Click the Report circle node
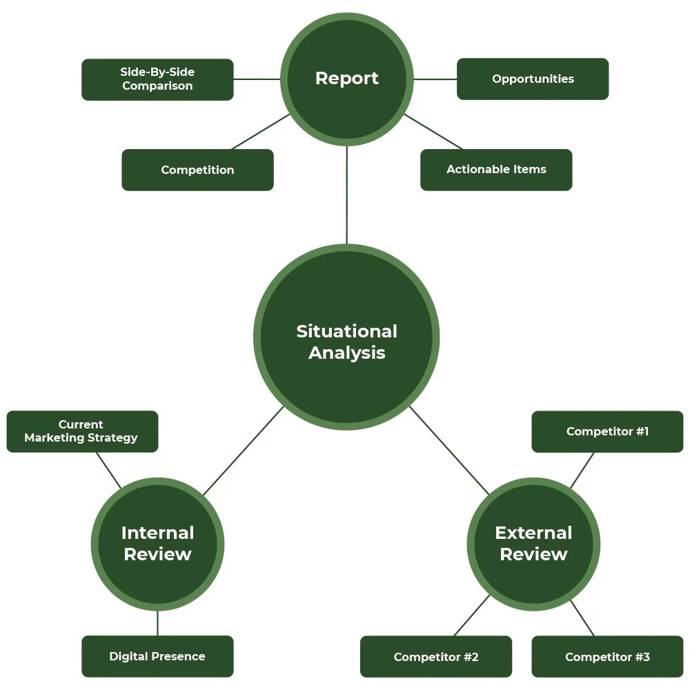coord(346,79)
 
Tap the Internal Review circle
coord(157,544)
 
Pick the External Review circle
coord(533,544)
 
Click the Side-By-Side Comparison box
coord(157,79)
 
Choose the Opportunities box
coord(533,79)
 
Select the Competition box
coord(197,170)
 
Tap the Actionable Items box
coord(496,170)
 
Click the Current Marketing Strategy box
coord(82,431)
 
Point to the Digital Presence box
coord(157,656)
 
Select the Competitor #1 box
coord(607,431)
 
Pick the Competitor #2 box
coord(436,656)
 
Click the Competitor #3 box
coord(607,656)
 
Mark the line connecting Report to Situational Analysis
coord(346,195)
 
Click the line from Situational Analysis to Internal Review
coord(244,450)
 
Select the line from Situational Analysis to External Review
coord(449,450)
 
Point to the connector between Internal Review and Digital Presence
coord(157,623)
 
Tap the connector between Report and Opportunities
coord(435,79)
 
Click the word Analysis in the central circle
coord(346,353)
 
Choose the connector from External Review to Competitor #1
coord(582,471)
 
